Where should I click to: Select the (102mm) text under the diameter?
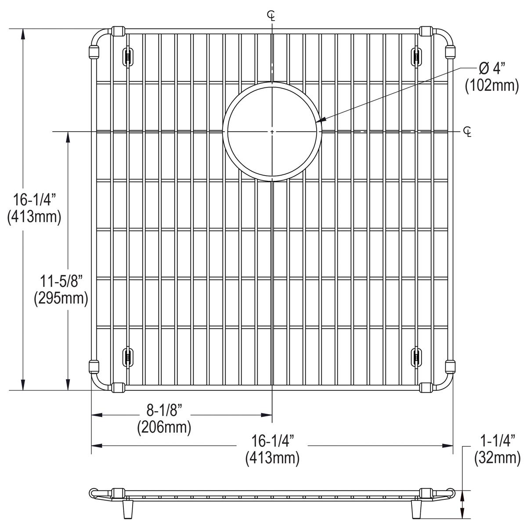pyautogui.click(x=492, y=85)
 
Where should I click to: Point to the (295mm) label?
pyautogui.click(x=61, y=298)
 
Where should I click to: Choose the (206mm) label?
pyautogui.click(x=164, y=427)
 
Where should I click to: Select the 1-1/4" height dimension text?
pyautogui.click(x=497, y=440)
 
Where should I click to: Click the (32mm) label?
pyautogui.click(x=497, y=458)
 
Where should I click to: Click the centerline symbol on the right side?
pyautogui.click(x=468, y=131)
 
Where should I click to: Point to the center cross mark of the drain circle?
pyautogui.click(x=272, y=131)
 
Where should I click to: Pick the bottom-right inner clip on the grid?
pyautogui.click(x=415, y=356)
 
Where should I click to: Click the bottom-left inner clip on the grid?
pyautogui.click(x=127, y=356)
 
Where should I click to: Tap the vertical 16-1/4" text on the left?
pyautogui.click(x=34, y=201)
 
